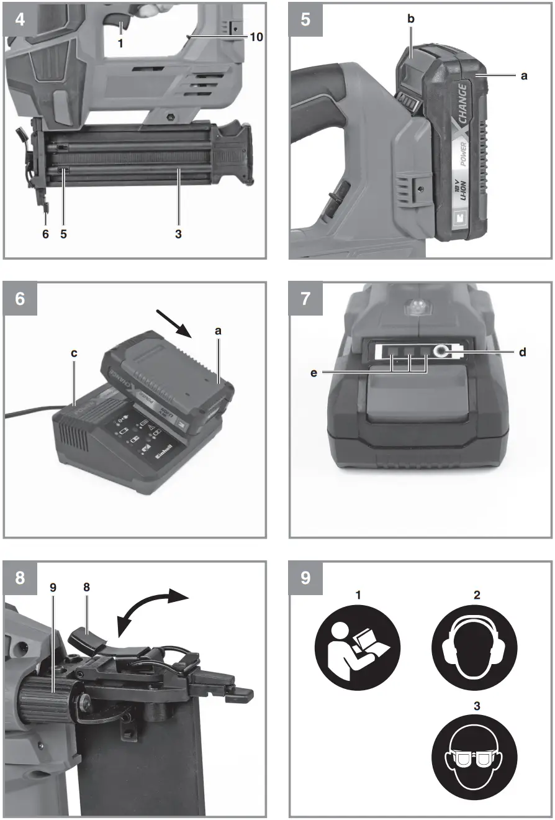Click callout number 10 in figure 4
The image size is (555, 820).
[256, 37]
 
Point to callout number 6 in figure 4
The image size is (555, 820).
[44, 235]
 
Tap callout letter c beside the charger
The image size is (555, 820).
[74, 353]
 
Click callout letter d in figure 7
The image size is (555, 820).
[522, 352]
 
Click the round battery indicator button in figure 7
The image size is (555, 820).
[442, 352]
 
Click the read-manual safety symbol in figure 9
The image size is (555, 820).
[358, 647]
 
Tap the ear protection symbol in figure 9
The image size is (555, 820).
[476, 647]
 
